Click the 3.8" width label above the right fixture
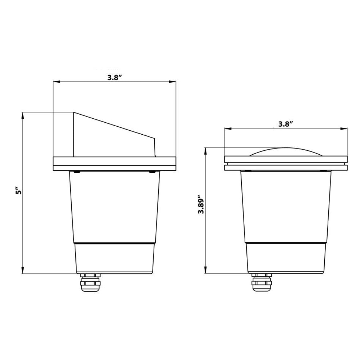[x=286, y=124]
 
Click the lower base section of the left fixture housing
[x=114, y=258]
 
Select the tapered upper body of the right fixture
[x=286, y=206]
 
